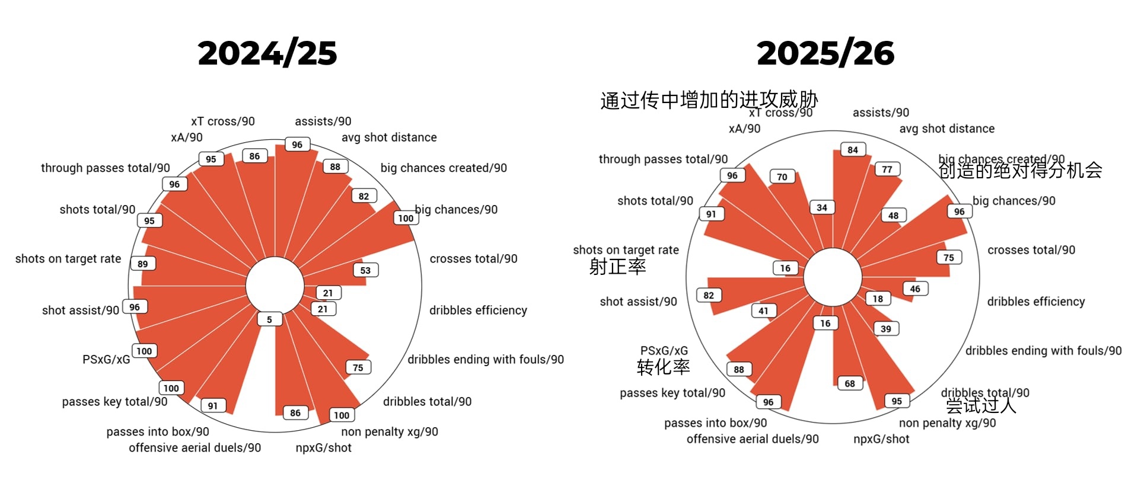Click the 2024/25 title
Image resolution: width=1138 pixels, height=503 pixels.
(267, 53)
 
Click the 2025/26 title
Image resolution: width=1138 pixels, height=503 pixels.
(825, 53)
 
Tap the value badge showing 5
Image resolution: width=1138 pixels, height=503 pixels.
(269, 319)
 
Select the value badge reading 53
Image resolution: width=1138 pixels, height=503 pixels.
(365, 270)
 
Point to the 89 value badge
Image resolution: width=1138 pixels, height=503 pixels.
(143, 264)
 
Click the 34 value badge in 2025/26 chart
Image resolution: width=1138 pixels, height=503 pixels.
(822, 207)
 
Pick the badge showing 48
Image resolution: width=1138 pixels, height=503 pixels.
(893, 216)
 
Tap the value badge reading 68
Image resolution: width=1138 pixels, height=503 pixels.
(850, 383)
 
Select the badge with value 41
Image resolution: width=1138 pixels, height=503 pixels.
(763, 310)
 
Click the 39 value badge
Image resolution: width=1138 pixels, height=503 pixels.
(885, 329)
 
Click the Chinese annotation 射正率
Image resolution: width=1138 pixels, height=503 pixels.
(617, 267)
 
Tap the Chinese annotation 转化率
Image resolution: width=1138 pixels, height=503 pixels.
(663, 367)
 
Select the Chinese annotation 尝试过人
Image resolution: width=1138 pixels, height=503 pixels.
(981, 406)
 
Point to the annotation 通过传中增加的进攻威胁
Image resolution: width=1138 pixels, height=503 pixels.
(709, 100)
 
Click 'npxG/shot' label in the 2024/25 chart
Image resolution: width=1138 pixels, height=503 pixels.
(323, 448)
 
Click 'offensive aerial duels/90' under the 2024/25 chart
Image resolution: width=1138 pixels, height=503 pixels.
(195, 448)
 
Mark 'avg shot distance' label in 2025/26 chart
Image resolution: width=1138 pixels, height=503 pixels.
(946, 129)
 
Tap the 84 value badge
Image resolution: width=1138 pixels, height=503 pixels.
(853, 150)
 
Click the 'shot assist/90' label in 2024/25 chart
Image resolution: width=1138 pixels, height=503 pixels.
(80, 310)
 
